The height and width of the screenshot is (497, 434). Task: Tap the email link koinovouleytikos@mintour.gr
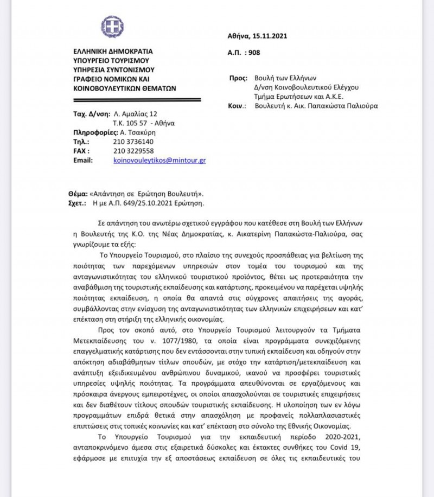coord(159,161)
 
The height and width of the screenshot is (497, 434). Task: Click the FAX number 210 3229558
coord(133,151)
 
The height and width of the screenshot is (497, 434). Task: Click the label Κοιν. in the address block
coord(238,106)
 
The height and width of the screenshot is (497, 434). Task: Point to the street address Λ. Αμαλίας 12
coord(136,114)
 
